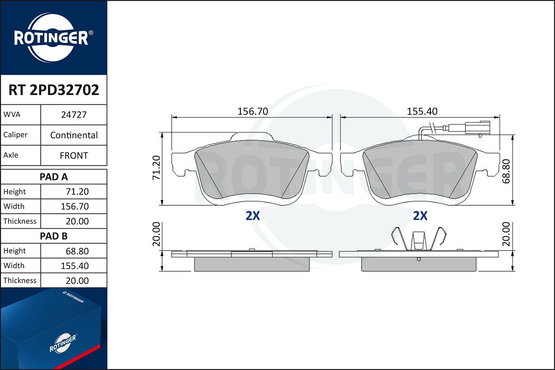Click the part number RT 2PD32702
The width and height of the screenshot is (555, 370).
(x=54, y=90)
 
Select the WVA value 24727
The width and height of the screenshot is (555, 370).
(x=74, y=115)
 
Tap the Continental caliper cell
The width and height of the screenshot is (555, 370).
(x=74, y=135)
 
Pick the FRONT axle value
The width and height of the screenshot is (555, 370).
(x=74, y=155)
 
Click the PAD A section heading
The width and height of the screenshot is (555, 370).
(x=54, y=177)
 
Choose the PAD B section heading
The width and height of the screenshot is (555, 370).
(x=54, y=236)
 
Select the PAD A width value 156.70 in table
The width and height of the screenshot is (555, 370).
(x=75, y=206)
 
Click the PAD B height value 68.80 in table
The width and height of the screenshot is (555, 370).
(x=77, y=251)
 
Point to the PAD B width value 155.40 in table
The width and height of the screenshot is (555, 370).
(x=75, y=266)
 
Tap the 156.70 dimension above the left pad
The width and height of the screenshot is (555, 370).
(x=253, y=111)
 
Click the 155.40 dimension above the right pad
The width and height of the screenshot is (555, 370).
(x=422, y=111)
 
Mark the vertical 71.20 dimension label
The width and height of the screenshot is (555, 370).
(x=157, y=168)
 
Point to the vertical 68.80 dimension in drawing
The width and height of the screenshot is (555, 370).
(x=506, y=171)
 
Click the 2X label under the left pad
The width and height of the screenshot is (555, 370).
(x=253, y=216)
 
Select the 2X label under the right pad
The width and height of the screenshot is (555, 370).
(x=420, y=216)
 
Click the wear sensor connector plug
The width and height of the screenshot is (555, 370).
(x=477, y=127)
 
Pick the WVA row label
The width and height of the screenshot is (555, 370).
(x=12, y=115)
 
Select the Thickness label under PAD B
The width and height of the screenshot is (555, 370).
(x=20, y=280)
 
